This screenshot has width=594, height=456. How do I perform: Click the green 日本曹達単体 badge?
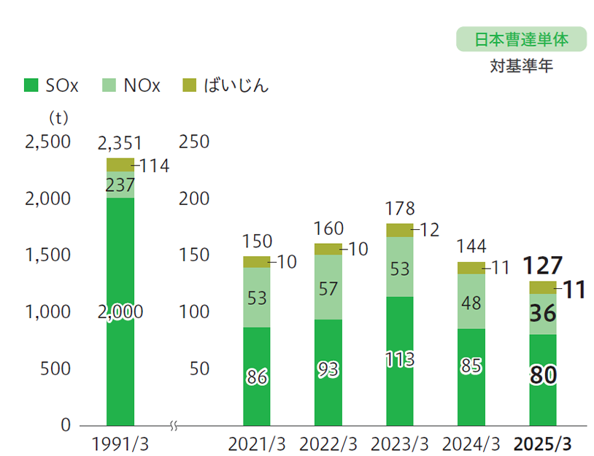tap(521, 39)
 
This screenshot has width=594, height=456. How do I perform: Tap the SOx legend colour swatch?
tap(31, 85)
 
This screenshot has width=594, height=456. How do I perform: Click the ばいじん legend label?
tap(236, 85)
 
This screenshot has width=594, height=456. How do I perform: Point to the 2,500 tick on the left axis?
tap(48, 142)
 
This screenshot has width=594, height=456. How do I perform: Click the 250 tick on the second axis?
tap(196, 142)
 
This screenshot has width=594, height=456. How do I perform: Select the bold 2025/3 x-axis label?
tap(543, 443)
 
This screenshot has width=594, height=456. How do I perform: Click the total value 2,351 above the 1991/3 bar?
tap(120, 143)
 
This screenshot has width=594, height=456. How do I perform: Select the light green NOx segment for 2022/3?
tap(328, 288)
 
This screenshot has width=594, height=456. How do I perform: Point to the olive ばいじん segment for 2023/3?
tap(399, 231)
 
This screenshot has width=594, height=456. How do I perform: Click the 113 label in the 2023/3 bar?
tap(399, 359)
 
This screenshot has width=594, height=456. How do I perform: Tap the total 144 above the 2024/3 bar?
tap(471, 246)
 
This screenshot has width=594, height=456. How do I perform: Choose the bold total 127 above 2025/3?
tap(542, 264)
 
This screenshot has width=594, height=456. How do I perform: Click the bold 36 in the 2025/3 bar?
tap(542, 314)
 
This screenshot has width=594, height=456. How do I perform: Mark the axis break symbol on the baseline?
tap(174, 425)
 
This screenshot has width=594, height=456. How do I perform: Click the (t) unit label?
tap(57, 117)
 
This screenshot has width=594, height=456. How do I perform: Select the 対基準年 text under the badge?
tap(521, 67)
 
